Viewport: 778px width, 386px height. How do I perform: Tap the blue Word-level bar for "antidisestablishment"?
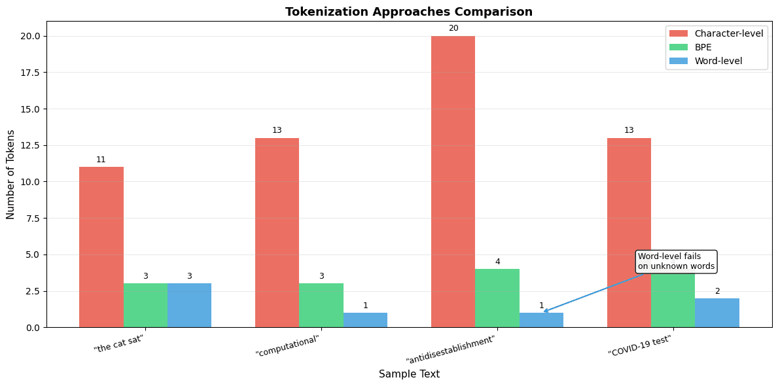[541, 320]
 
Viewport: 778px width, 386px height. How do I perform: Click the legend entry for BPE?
[703, 47]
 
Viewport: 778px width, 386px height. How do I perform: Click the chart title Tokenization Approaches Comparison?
[409, 12]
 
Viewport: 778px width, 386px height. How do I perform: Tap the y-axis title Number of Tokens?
[11, 174]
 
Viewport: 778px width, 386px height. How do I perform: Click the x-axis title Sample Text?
[409, 374]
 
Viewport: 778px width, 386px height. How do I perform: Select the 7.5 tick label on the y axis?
[31, 219]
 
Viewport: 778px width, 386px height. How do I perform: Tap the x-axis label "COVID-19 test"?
[639, 345]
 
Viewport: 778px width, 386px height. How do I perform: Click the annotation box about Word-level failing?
[676, 261]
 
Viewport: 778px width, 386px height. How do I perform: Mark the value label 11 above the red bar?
[101, 160]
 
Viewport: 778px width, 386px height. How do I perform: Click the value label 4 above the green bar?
[497, 262]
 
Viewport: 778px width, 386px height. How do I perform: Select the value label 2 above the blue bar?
[717, 291]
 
